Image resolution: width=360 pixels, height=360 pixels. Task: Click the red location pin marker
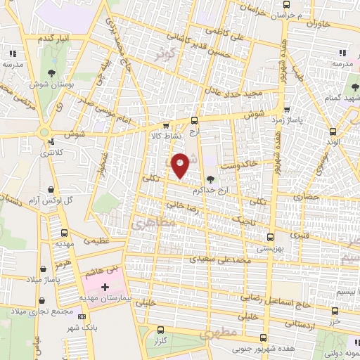[x=181, y=164]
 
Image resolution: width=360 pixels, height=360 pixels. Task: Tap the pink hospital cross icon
[x=105, y=287]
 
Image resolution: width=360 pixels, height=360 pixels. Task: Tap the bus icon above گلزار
[x=161, y=329]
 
